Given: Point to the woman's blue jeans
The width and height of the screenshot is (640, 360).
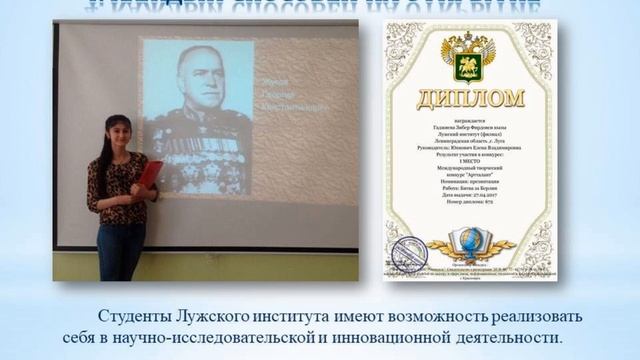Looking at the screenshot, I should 120,250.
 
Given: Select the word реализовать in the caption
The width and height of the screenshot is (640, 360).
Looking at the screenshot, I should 549,316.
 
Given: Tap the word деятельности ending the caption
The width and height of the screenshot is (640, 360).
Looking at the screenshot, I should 509,338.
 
